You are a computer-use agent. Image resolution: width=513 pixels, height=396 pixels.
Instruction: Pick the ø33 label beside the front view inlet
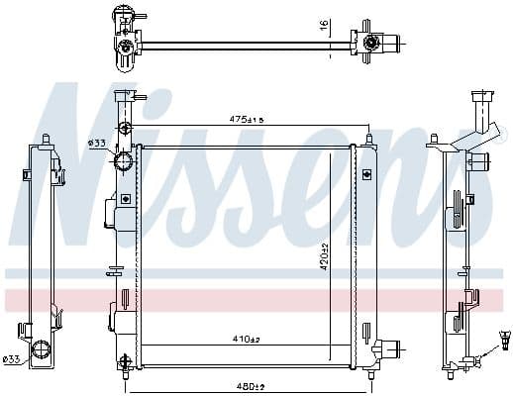pyautogui.click(x=96, y=144)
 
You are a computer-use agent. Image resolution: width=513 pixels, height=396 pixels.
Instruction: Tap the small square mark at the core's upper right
pyautogui.click(x=364, y=175)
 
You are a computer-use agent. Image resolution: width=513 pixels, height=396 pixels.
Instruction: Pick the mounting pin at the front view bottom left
pyautogui.click(x=123, y=361)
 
